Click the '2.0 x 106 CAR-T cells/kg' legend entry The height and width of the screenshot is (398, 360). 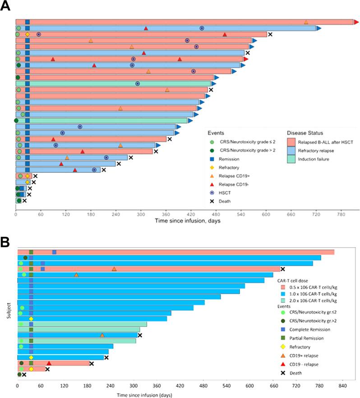309,300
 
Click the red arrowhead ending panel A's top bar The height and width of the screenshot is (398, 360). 356,22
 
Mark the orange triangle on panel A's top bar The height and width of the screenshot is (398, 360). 306,22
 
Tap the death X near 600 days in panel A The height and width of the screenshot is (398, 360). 270,34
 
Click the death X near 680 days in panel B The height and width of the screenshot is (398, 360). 282,269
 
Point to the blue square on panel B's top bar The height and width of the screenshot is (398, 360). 54,252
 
